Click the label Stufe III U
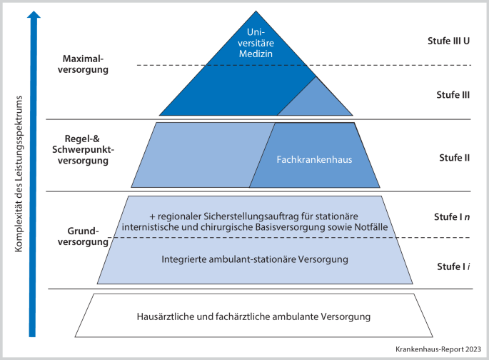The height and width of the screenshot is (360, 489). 443,41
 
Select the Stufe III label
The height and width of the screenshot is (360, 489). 448,94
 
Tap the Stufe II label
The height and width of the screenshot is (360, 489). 452,157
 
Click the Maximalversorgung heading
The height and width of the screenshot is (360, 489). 85,65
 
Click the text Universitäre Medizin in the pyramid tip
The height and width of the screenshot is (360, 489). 255,42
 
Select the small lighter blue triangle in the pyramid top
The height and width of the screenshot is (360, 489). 314,99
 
